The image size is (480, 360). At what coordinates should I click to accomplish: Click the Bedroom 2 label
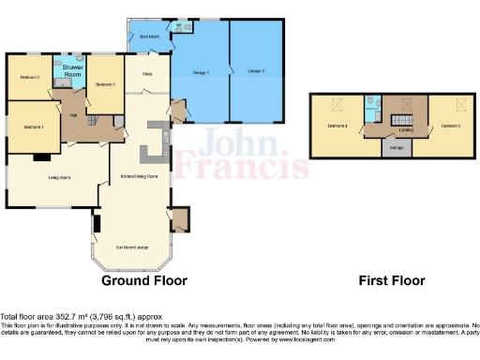[31, 77]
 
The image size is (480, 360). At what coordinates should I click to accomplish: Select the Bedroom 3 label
[105, 84]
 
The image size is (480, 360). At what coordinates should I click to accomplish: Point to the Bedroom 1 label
[34, 126]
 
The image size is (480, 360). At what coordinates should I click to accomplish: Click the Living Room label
[61, 176]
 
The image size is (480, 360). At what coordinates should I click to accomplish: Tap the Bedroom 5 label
[450, 125]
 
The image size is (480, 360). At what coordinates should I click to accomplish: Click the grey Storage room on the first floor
[397, 147]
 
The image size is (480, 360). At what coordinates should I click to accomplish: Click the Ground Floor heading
[143, 280]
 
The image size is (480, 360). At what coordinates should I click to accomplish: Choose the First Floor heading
[392, 280]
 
